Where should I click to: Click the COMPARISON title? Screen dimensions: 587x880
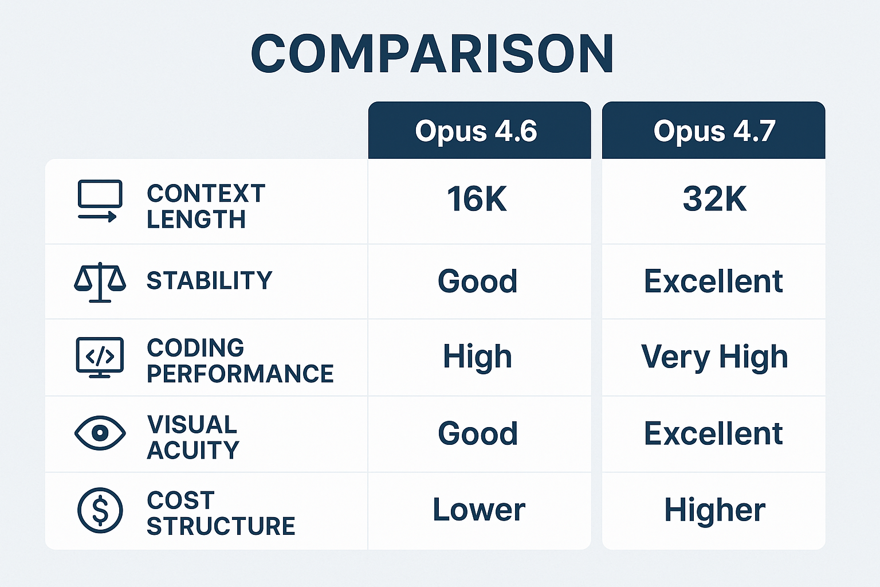pyautogui.click(x=433, y=54)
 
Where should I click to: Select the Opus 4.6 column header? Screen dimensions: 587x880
pyautogui.click(x=476, y=131)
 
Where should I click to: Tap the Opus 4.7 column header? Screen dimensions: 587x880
pyautogui.click(x=714, y=131)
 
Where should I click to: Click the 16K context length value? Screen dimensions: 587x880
pyautogui.click(x=477, y=199)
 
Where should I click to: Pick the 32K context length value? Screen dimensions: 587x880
pyautogui.click(x=714, y=199)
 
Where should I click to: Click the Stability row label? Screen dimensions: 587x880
pyautogui.click(x=209, y=281)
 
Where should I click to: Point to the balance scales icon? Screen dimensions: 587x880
pyautogui.click(x=100, y=282)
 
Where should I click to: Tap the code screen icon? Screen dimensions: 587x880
pyautogui.click(x=100, y=357)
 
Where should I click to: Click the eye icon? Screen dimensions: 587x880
pyautogui.click(x=100, y=433)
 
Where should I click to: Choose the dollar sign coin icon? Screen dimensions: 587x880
pyautogui.click(x=100, y=510)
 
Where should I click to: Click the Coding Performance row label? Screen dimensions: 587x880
pyautogui.click(x=239, y=361)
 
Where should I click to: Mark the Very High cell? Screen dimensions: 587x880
pyautogui.click(x=714, y=357)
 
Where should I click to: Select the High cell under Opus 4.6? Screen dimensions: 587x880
pyautogui.click(x=477, y=357)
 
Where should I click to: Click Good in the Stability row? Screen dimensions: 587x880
pyautogui.click(x=477, y=281)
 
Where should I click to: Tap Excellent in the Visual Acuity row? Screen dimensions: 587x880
pyautogui.click(x=713, y=433)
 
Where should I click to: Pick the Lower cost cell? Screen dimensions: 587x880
pyautogui.click(x=478, y=510)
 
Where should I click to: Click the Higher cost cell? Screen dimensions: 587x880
pyautogui.click(x=714, y=510)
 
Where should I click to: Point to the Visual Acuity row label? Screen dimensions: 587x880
pyautogui.click(x=193, y=437)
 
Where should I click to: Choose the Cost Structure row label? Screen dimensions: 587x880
pyautogui.click(x=221, y=513)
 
